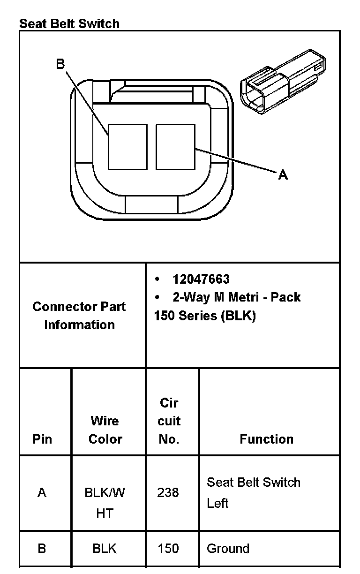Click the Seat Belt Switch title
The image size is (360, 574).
coord(69,23)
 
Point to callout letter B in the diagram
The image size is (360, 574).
coord(60,64)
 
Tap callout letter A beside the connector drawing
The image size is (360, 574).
coord(283,175)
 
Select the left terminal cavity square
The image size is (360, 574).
coord(127,146)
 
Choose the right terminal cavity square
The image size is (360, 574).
coord(175,146)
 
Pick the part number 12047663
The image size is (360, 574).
coord(201,279)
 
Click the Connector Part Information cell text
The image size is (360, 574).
coord(79,315)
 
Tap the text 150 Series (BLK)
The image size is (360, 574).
coord(205,316)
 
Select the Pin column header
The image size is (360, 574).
coord(42,439)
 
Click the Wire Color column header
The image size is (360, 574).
coord(105,430)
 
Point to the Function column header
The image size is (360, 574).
coord(266,439)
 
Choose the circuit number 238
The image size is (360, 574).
coord(168,492)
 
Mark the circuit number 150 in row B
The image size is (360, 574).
coord(168,548)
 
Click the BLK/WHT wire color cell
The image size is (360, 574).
coord(105,503)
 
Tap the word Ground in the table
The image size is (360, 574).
coord(228,548)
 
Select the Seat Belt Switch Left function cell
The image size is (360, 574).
coord(254,492)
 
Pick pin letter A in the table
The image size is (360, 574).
coord(42,492)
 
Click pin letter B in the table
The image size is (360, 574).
coord(42,548)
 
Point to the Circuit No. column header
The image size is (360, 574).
coord(169,421)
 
